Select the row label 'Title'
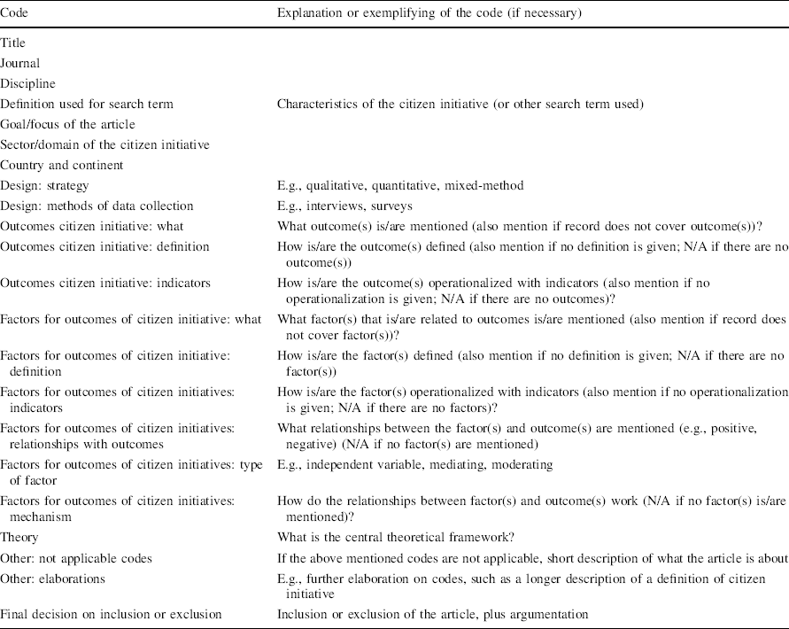click(x=12, y=43)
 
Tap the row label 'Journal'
click(x=20, y=63)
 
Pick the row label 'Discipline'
click(x=27, y=83)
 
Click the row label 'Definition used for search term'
click(x=87, y=104)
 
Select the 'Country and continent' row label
click(x=62, y=165)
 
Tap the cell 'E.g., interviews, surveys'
click(x=346, y=206)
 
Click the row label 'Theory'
click(x=19, y=537)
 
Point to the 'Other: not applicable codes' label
click(x=77, y=558)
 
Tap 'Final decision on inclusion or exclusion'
click(x=111, y=613)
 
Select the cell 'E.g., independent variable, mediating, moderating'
click(x=414, y=463)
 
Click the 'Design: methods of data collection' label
click(x=97, y=206)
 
